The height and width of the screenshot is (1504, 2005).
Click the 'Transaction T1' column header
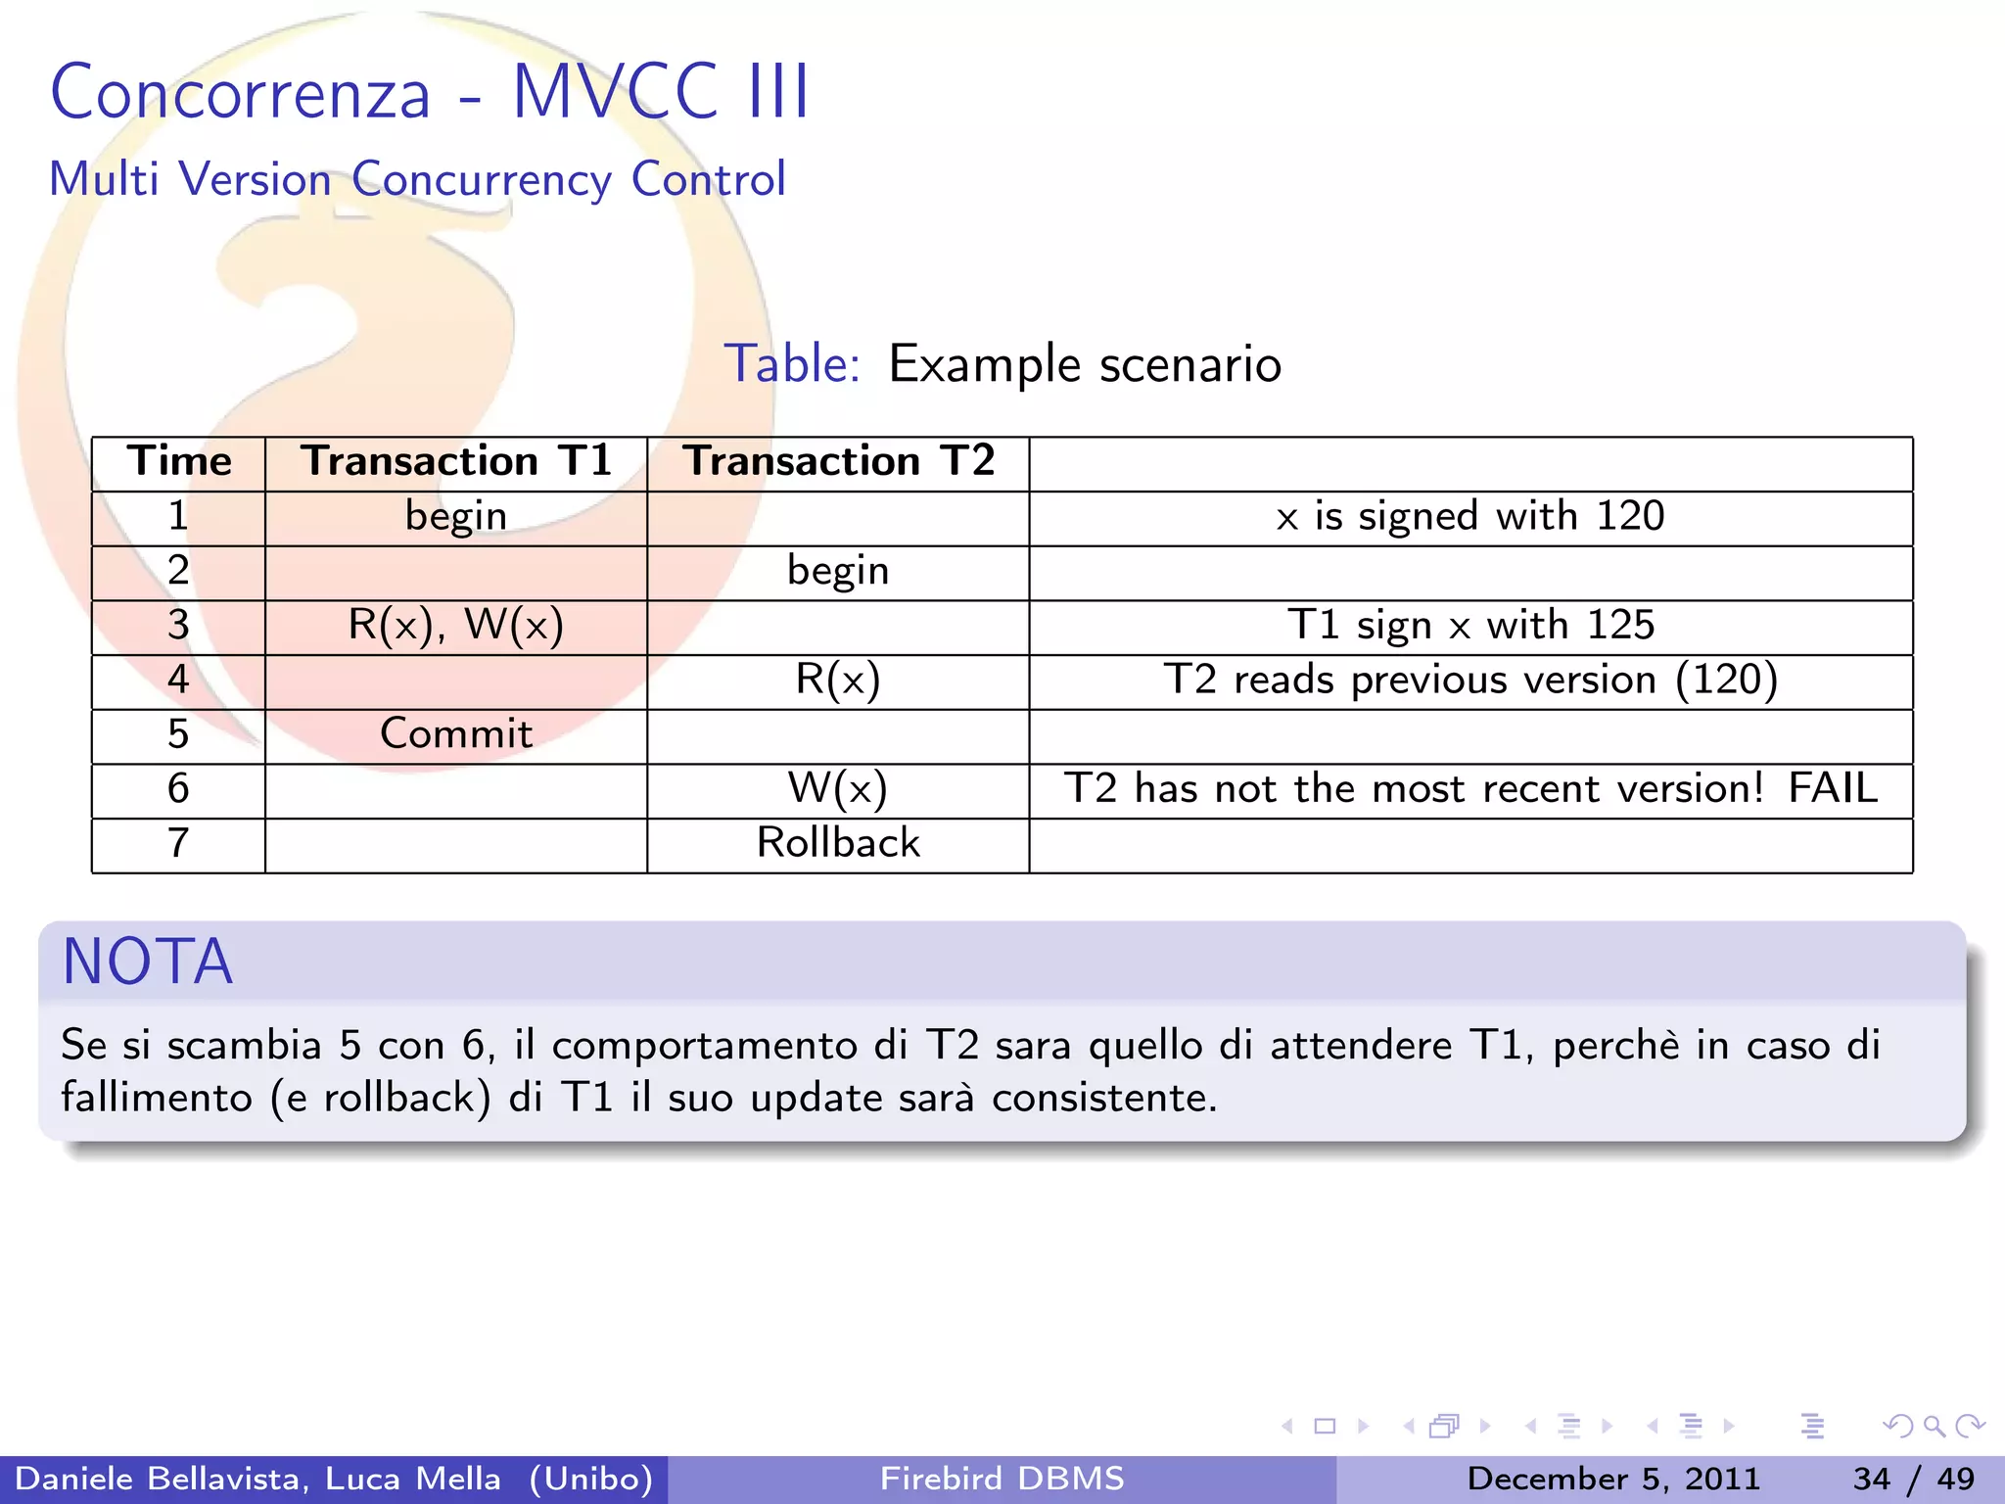[456, 461]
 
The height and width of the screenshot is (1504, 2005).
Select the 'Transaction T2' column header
[838, 461]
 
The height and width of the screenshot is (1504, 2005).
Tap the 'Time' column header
[179, 461]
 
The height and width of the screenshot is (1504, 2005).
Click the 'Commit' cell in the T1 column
[456, 734]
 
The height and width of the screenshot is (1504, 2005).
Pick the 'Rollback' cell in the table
[838, 843]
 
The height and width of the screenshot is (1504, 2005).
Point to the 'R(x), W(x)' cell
[456, 626]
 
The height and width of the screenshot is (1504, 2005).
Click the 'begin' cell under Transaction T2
[838, 571]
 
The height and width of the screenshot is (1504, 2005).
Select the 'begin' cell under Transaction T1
[456, 516]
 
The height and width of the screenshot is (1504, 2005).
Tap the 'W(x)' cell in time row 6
[838, 789]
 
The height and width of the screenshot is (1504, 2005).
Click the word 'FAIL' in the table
[1833, 789]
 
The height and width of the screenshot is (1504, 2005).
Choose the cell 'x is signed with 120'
[1470, 516]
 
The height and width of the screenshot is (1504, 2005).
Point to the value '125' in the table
[1620, 626]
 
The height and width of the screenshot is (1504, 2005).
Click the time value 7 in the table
[178, 843]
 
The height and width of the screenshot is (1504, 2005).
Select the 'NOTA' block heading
[148, 962]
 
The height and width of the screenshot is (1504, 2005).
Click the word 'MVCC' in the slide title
[616, 92]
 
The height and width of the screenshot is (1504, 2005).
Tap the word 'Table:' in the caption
[792, 364]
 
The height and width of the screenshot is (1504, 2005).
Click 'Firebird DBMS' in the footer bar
[1002, 1479]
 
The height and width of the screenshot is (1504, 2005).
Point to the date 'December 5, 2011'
[1613, 1479]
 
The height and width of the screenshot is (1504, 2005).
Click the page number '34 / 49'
[1913, 1479]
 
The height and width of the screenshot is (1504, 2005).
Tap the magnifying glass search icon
[1934, 1427]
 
